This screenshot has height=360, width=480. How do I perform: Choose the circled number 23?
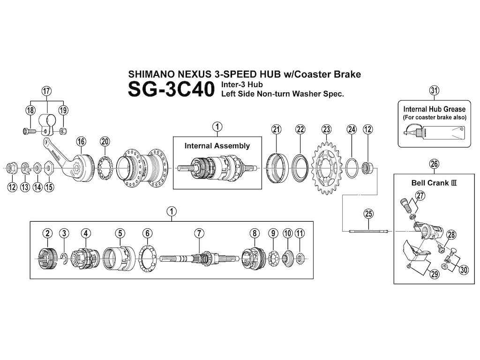[x=326, y=129]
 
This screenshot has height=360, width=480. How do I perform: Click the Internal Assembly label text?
[x=217, y=146]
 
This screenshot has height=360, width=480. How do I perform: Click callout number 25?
[x=368, y=214]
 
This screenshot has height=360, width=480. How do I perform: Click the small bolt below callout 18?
[x=28, y=131]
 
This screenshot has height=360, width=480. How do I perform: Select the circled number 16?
[x=82, y=141]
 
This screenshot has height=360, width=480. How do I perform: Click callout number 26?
[x=434, y=164]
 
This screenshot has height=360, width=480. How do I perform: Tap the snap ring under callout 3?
[x=65, y=255]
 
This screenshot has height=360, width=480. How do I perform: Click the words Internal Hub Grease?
[x=434, y=109]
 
